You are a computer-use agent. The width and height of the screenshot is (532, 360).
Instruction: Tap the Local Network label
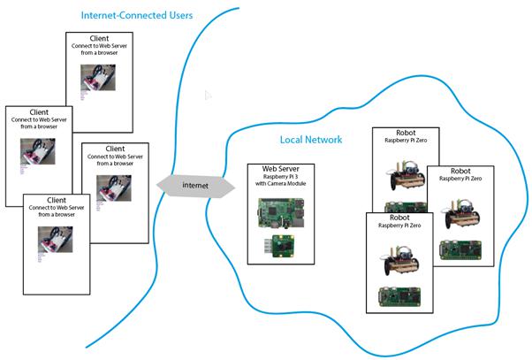pyautogui.click(x=310, y=140)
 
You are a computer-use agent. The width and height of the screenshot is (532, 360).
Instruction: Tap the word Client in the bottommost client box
pyautogui.click(x=57, y=200)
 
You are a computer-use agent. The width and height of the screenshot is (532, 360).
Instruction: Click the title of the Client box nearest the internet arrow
pyautogui.click(x=115, y=149)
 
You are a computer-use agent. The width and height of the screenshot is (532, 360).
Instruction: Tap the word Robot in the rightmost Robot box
pyautogui.click(x=460, y=171)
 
